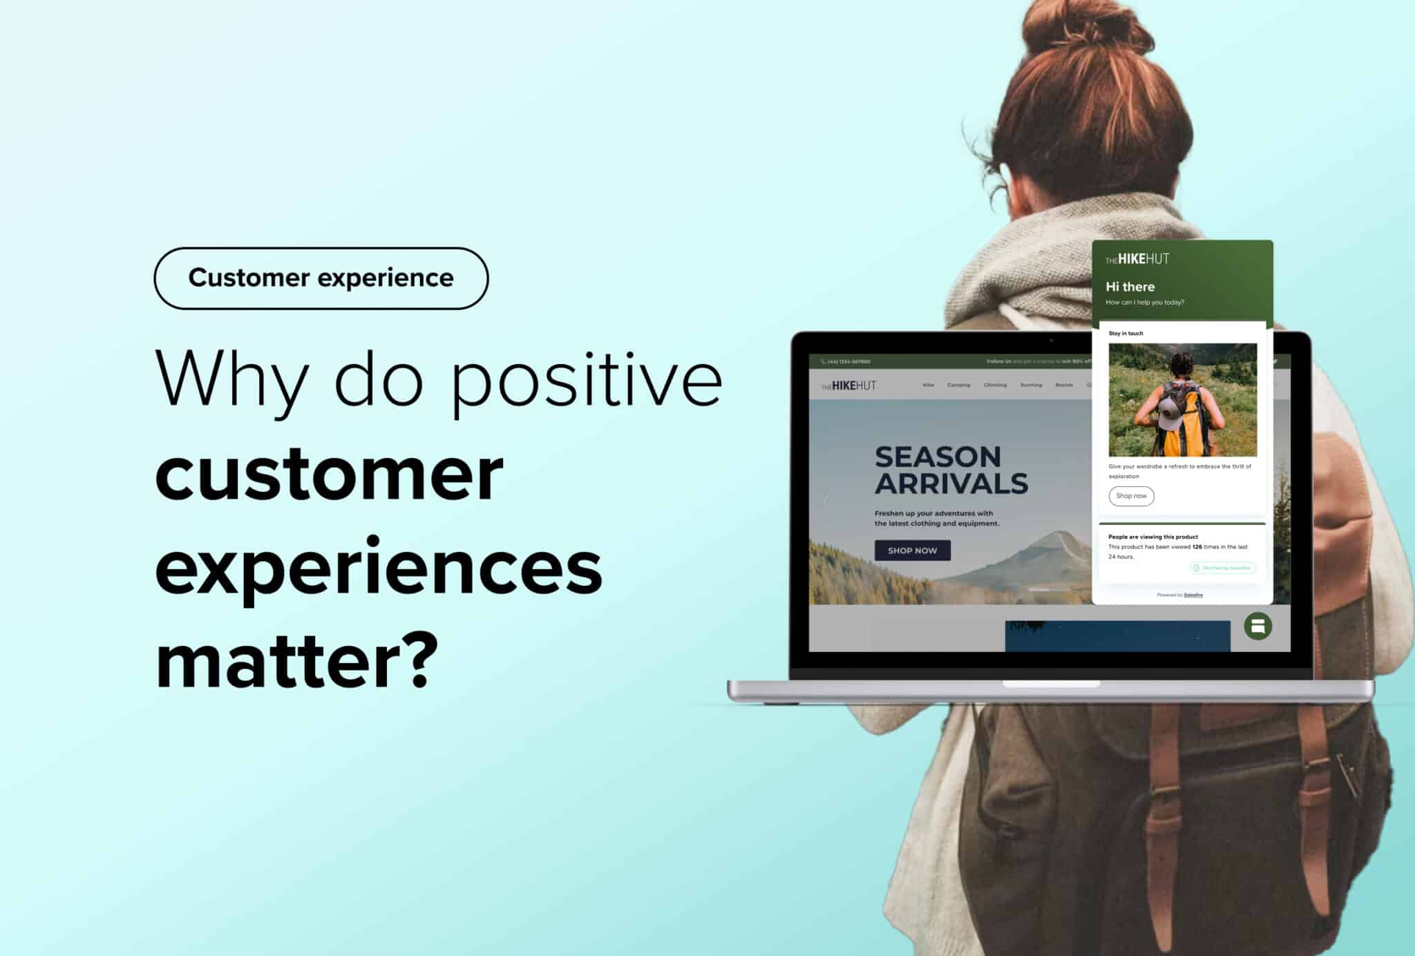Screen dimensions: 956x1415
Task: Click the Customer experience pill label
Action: point(321,278)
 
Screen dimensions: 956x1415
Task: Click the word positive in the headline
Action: point(587,379)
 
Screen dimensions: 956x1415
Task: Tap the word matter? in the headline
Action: point(297,660)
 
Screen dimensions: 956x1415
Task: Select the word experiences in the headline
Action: point(379,568)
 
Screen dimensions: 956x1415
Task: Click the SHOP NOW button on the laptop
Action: point(912,551)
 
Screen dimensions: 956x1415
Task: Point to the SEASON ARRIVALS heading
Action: point(951,470)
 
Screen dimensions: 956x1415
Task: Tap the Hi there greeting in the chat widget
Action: point(1130,287)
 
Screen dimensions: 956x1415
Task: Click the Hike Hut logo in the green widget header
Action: point(1137,259)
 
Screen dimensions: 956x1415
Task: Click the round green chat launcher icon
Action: point(1257,627)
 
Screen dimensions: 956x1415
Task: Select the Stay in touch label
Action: point(1126,334)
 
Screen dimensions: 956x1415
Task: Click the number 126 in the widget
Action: point(1197,547)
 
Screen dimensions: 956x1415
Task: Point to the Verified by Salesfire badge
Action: point(1222,568)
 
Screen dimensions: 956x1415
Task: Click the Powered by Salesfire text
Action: point(1179,595)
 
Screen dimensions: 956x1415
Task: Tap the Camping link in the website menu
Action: point(958,385)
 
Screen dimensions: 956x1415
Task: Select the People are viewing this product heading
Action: point(1152,537)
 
